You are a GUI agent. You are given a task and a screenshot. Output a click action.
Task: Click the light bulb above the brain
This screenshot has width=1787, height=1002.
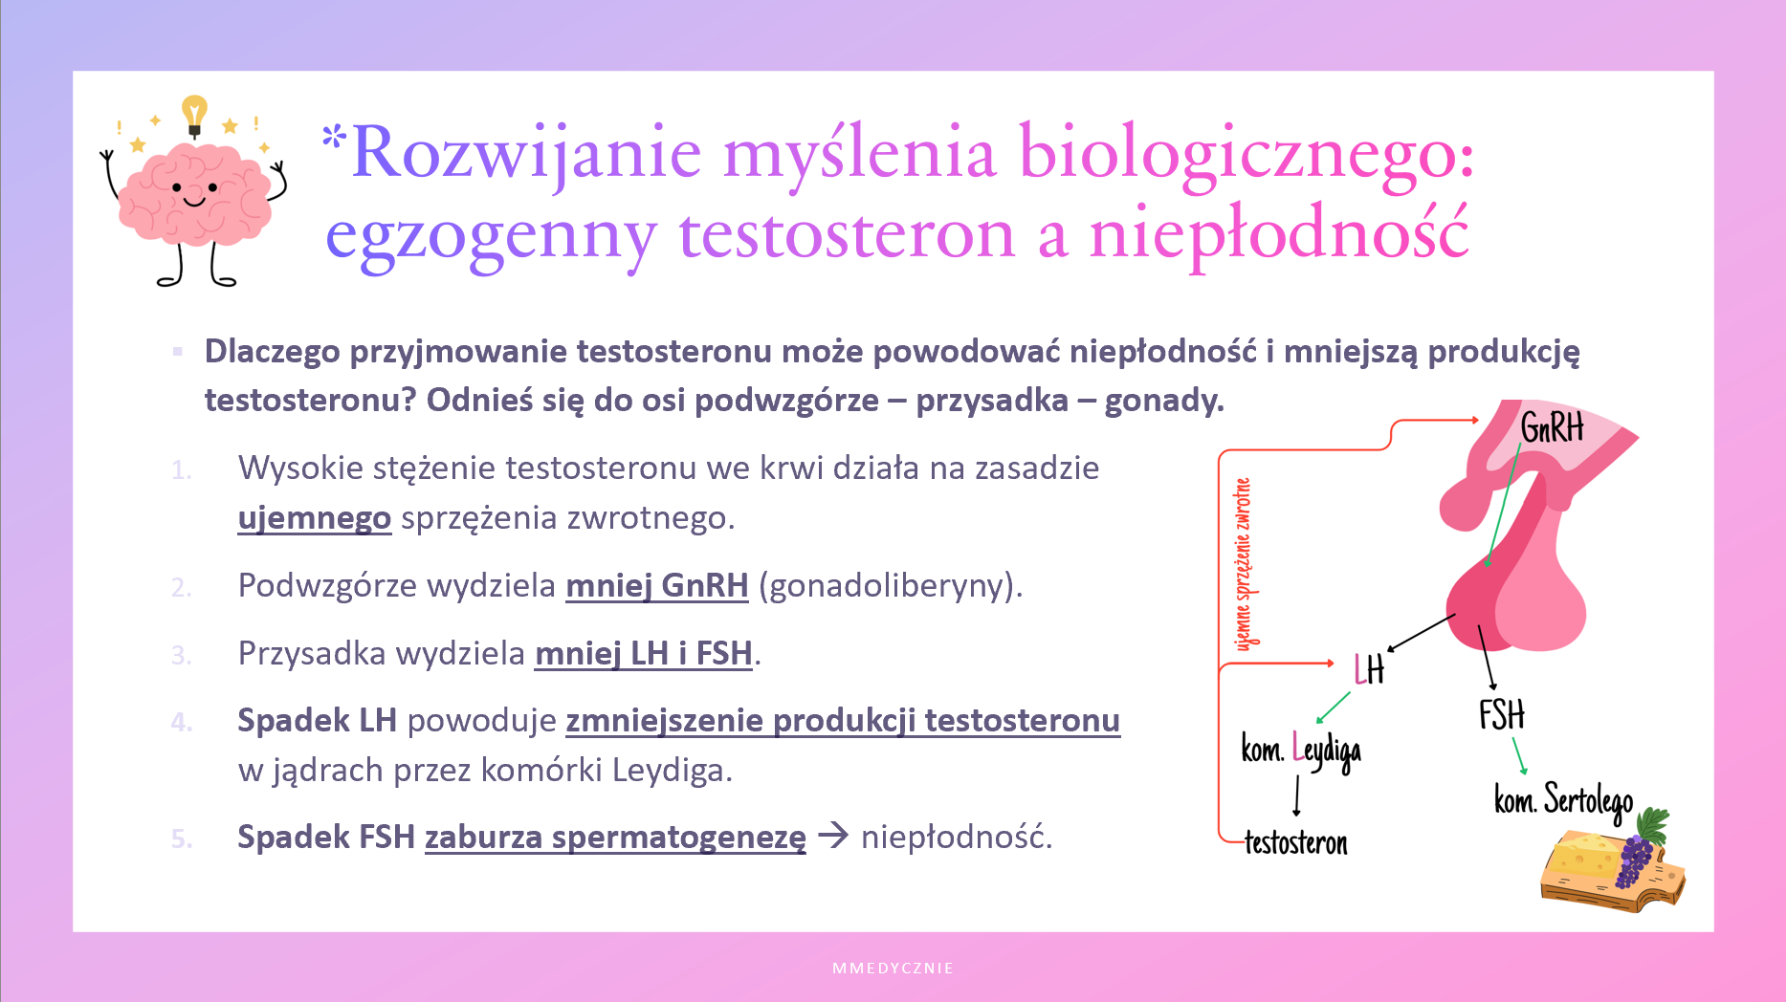pyautogui.click(x=194, y=116)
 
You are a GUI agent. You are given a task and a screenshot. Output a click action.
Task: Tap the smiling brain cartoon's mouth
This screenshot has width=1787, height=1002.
pyautogui.click(x=194, y=201)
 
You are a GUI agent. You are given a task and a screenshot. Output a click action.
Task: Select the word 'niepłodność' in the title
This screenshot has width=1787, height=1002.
pyautogui.click(x=1278, y=235)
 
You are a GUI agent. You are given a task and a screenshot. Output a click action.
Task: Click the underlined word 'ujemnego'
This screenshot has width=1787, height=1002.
pyautogui.click(x=315, y=518)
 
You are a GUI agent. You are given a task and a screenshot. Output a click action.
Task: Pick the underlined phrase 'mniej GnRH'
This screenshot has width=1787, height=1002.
pyautogui.click(x=657, y=585)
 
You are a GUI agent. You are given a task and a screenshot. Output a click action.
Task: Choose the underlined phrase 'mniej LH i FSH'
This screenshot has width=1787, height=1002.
pyautogui.click(x=644, y=654)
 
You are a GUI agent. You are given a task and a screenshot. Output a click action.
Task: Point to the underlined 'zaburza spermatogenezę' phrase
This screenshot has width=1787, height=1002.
pyautogui.click(x=616, y=838)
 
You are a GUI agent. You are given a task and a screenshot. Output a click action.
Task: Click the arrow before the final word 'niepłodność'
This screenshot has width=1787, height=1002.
pyautogui.click(x=833, y=836)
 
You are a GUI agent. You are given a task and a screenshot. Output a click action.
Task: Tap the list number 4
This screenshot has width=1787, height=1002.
pyautogui.click(x=181, y=723)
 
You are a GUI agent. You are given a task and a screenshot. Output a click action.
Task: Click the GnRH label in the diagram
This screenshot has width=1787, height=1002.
pyautogui.click(x=1552, y=427)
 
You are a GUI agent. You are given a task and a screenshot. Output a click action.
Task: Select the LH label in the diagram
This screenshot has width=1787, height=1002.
pyautogui.click(x=1369, y=670)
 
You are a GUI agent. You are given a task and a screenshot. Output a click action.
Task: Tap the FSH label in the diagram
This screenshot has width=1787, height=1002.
pyautogui.click(x=1501, y=715)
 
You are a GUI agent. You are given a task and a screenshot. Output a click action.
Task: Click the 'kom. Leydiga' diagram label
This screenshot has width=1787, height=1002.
pyautogui.click(x=1301, y=751)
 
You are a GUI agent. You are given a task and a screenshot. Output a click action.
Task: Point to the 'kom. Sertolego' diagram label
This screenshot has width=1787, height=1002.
pyautogui.click(x=1564, y=801)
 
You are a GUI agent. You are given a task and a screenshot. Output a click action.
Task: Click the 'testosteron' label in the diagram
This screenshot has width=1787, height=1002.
pyautogui.click(x=1296, y=843)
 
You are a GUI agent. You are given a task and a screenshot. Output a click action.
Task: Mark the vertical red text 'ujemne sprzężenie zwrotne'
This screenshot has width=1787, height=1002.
pyautogui.click(x=1243, y=564)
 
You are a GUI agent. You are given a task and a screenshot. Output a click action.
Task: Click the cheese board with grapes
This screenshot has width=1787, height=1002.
pyautogui.click(x=1612, y=860)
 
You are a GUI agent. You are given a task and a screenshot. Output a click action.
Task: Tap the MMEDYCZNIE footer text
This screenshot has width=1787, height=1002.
pyautogui.click(x=893, y=969)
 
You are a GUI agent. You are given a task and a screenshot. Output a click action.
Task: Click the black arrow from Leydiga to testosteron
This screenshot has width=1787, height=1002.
pyautogui.click(x=1296, y=795)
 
